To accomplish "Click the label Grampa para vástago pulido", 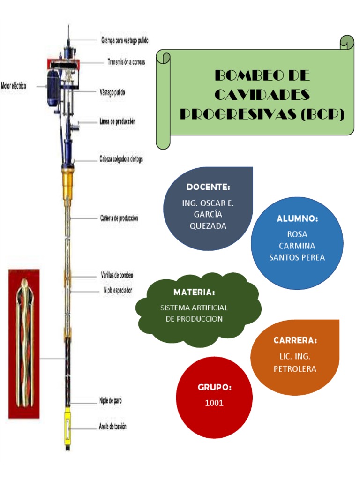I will point(125,41).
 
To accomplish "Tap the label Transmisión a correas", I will point(126,62).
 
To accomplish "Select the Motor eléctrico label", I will point(14,86).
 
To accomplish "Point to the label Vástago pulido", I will point(112,92).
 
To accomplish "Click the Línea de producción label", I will point(118,121).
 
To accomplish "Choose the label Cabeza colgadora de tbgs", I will point(121,159).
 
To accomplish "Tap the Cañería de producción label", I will point(119,218).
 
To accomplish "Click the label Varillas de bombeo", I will point(117,276).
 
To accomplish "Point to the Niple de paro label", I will point(111,401).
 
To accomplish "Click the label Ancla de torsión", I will point(112,427).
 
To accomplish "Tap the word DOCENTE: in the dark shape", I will point(208,187).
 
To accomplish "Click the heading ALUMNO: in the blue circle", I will point(298,219).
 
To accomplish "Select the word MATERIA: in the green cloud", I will point(194,292).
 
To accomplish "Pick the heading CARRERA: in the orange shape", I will point(295,340).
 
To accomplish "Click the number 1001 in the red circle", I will point(214,403).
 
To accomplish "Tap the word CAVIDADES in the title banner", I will point(262,95).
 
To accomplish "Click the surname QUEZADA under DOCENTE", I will point(208,226).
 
